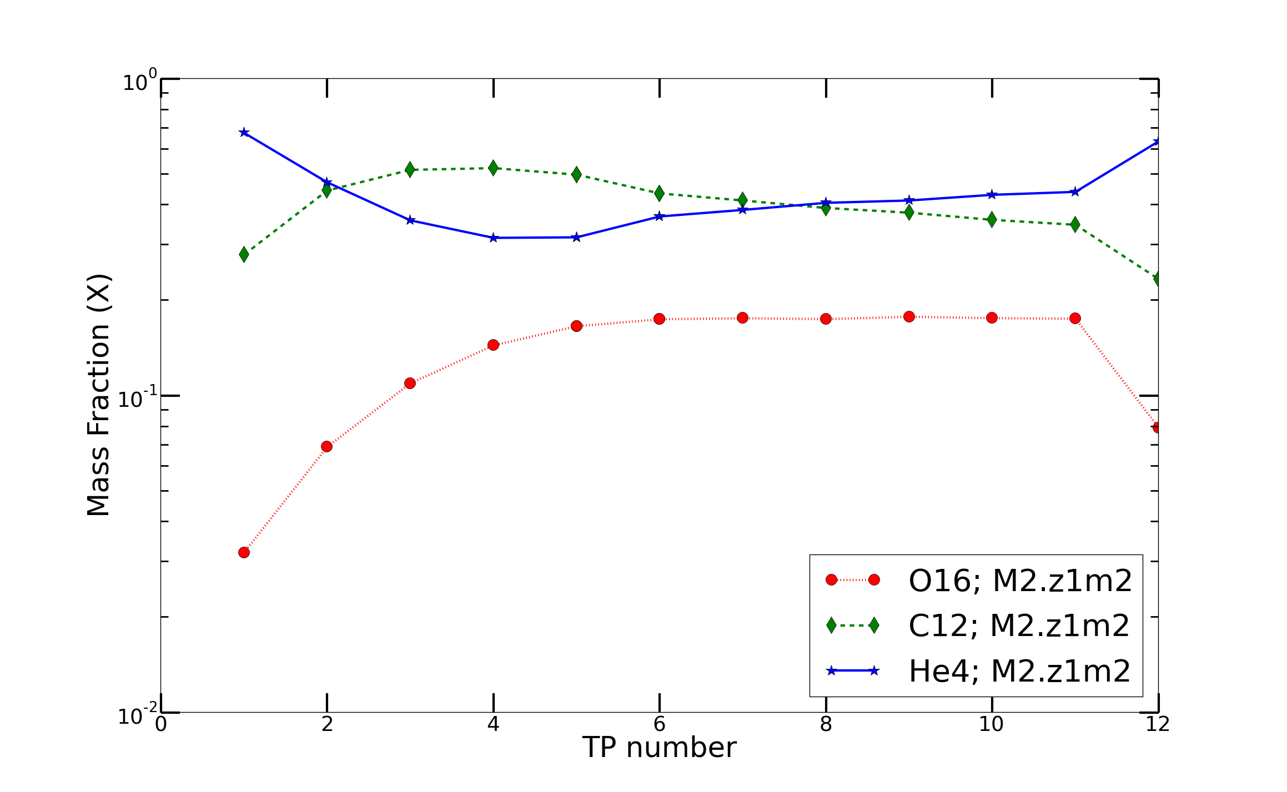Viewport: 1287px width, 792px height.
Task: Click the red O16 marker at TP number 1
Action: (x=244, y=552)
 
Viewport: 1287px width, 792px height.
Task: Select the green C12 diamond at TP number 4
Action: (x=493, y=168)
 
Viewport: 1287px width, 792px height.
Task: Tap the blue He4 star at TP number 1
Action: (x=244, y=133)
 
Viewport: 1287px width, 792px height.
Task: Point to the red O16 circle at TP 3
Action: (x=410, y=383)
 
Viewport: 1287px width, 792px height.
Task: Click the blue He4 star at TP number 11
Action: (x=1075, y=192)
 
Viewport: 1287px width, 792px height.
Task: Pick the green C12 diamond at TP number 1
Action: (x=244, y=254)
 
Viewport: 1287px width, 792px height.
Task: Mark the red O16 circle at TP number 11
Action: (x=1075, y=318)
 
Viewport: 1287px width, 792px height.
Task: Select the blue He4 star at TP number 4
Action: (x=493, y=238)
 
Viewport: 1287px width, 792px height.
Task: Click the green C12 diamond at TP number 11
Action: (x=1075, y=224)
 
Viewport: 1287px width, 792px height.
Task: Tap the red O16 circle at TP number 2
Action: (x=326, y=446)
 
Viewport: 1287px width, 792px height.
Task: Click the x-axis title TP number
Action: (x=659, y=748)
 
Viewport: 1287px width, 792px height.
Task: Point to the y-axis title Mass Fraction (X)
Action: (x=99, y=395)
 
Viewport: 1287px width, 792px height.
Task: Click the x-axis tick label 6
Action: (x=659, y=724)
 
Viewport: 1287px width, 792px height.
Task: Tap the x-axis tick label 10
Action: (x=991, y=724)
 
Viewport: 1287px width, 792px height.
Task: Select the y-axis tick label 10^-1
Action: (x=137, y=398)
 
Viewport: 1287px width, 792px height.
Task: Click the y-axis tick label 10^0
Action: (x=139, y=82)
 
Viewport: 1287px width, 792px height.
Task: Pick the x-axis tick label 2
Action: (x=327, y=724)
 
